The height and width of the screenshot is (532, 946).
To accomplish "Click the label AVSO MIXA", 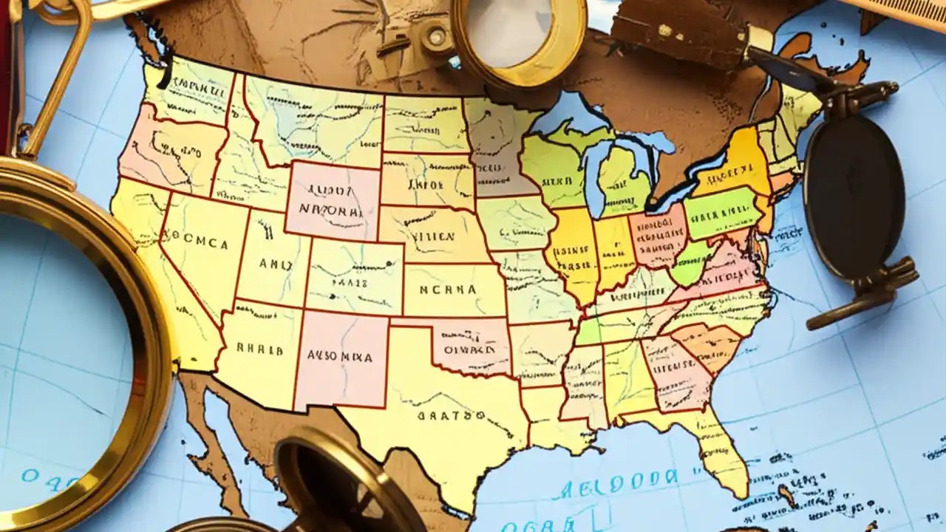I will (x=339, y=355).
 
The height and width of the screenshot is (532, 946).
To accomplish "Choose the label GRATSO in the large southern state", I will (x=443, y=415).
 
